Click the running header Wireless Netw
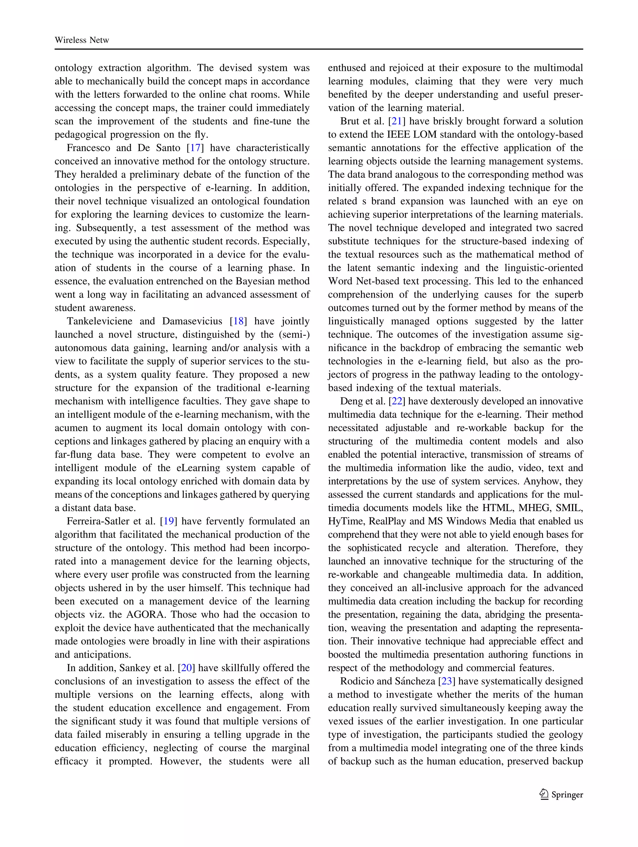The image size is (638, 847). [x=82, y=40]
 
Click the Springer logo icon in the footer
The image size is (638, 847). [x=543, y=794]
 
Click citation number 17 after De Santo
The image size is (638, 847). [x=195, y=148]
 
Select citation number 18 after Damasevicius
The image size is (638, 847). [x=238, y=321]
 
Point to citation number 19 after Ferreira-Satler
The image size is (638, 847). [x=169, y=521]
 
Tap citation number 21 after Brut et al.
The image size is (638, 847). [x=396, y=121]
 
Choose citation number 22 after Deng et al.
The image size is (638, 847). [x=397, y=401]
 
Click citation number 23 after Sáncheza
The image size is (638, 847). [x=447, y=681]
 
